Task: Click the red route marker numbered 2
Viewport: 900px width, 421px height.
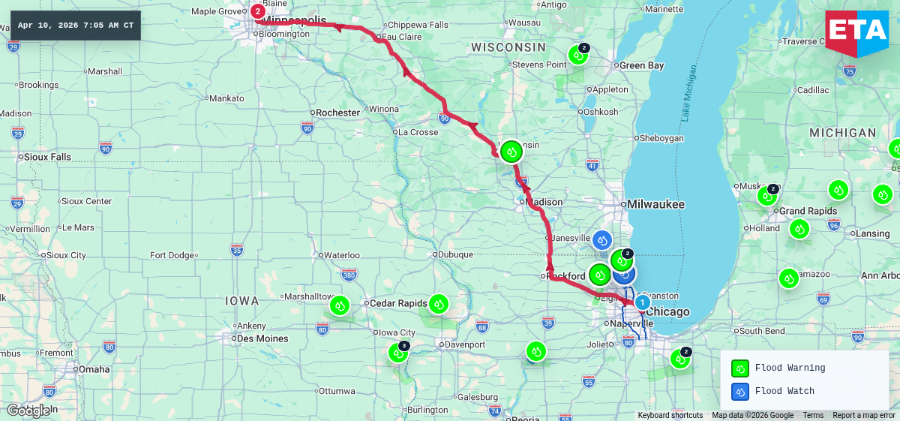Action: [258, 11]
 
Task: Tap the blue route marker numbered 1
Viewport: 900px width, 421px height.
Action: [642, 302]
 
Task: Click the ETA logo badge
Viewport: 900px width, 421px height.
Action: [856, 32]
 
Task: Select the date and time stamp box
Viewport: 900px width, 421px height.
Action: [76, 26]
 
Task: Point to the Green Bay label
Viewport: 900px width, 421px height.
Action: [642, 65]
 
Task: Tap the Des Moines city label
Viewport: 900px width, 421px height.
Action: [262, 338]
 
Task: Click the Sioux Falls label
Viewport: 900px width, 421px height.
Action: [48, 157]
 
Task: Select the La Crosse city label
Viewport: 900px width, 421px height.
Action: [418, 132]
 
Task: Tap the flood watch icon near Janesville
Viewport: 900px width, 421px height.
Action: [602, 240]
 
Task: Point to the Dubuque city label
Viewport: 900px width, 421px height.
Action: [456, 254]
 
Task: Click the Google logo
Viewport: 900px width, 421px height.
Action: [28, 410]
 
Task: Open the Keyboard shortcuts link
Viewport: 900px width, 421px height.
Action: [670, 415]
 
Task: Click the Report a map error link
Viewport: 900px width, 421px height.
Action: [863, 415]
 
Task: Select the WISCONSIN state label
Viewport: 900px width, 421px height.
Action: [508, 47]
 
